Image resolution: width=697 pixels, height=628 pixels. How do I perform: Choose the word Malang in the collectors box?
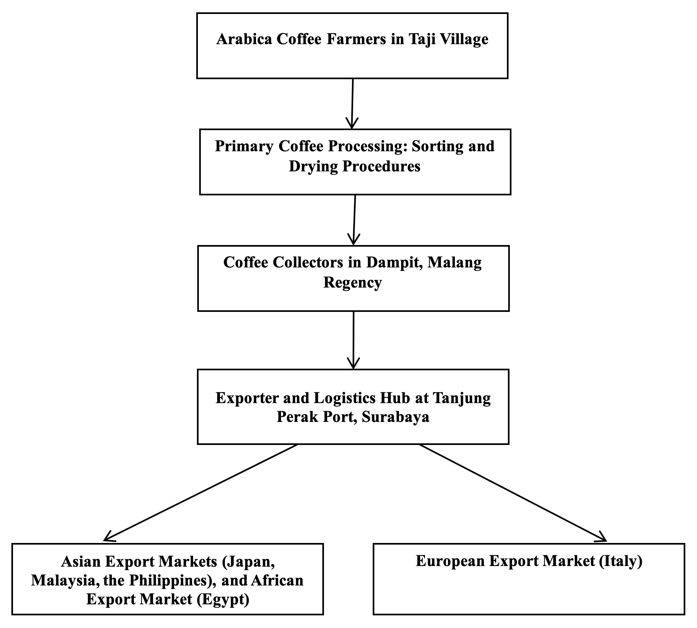(454, 262)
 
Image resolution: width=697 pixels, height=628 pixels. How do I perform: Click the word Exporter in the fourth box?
(246, 398)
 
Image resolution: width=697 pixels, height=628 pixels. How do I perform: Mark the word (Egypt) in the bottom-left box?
(223, 599)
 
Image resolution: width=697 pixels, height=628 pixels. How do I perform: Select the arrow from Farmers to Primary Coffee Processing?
(352, 104)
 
